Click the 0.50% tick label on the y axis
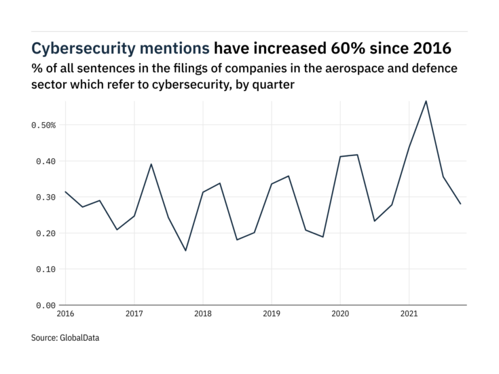tap(43, 126)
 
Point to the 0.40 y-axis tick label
tap(45, 162)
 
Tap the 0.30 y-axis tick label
tap(45, 198)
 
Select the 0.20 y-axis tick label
tap(45, 233)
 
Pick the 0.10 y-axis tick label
tap(45, 269)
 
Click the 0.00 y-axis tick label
tap(45, 305)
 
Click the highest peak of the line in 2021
tap(426, 101)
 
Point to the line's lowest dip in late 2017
tap(185, 250)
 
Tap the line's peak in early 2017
tap(151, 164)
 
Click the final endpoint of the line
tap(460, 204)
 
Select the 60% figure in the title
tap(344, 48)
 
